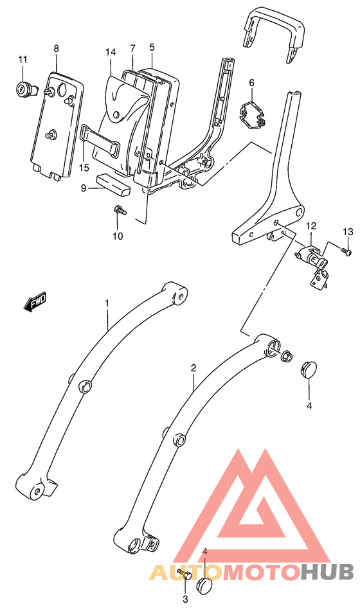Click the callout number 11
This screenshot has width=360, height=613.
[x=22, y=60]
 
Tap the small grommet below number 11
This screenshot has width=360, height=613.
[x=24, y=88]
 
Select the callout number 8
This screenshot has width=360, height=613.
[x=57, y=48]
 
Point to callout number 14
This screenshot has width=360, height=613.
[x=111, y=51]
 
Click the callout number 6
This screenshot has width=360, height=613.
[x=152, y=47]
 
